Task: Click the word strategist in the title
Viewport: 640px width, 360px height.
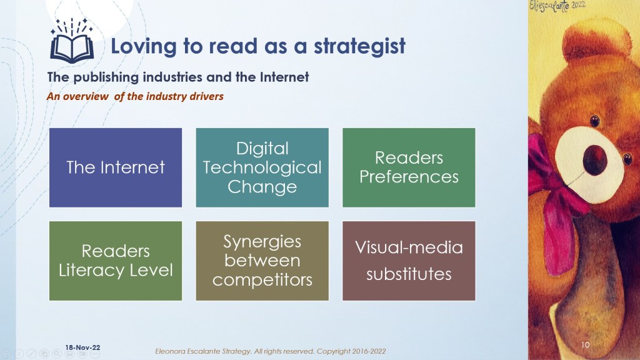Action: [x=359, y=46]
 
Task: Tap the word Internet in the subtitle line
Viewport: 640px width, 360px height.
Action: [x=284, y=77]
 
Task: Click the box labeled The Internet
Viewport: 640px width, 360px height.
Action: [x=116, y=167]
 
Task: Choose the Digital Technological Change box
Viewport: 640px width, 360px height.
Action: [x=262, y=167]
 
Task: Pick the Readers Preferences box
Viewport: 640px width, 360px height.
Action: [x=409, y=167]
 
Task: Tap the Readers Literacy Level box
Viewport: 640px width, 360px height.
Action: [x=116, y=261]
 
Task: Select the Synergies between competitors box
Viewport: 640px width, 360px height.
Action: [x=262, y=261]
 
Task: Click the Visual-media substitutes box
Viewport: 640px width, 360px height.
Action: [x=409, y=261]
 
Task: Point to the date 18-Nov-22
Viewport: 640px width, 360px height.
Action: [x=82, y=347]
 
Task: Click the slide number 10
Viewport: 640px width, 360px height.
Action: [x=585, y=345]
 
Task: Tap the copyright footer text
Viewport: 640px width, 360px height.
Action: [x=270, y=351]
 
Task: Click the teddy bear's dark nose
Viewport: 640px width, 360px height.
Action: [x=595, y=160]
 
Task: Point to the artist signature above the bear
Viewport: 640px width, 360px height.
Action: [x=557, y=6]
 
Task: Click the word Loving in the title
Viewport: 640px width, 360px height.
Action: [x=143, y=47]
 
